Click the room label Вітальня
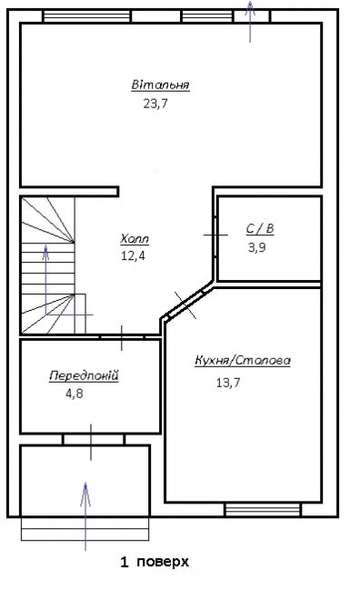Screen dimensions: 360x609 coord(160,85)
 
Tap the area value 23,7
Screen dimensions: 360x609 coord(155,104)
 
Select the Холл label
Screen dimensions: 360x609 coord(135,238)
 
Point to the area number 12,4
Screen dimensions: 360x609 coord(134,256)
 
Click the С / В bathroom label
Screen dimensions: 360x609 coord(260,229)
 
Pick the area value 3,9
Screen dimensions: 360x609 coord(257,247)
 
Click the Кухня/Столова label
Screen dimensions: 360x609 coord(243,361)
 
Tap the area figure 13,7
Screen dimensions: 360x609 coord(228,383)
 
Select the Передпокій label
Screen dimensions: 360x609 coord(84,376)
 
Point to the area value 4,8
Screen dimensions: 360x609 coord(75,394)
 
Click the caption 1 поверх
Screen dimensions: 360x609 coord(155,562)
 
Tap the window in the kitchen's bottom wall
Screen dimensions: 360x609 coord(264,509)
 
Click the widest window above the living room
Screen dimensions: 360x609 coord(87,16)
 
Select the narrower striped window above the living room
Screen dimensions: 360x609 coord(207,16)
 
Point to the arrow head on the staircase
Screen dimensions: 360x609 coord(45,252)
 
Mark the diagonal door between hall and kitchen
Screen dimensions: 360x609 coord(185,305)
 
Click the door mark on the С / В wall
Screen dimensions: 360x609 coord(215,235)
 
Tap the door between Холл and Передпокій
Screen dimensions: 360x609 coord(122,337)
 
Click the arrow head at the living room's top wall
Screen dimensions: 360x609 coord(250,8)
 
